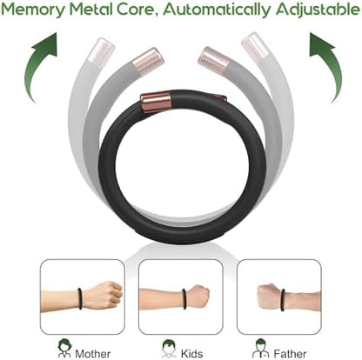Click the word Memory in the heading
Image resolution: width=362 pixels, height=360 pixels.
[x=33, y=10]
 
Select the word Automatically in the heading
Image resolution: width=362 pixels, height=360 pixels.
[x=217, y=10]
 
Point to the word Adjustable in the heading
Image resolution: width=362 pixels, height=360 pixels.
[x=318, y=10]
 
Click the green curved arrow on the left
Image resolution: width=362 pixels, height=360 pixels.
[x=37, y=63]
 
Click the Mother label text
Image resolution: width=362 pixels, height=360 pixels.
[x=93, y=354]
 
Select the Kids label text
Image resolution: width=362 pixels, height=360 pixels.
[x=191, y=354]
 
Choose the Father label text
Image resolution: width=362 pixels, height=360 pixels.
[x=290, y=354]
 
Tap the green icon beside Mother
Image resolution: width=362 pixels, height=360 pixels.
[x=64, y=349]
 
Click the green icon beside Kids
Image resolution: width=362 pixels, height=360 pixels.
[x=169, y=349]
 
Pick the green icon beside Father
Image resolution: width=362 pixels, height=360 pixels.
[x=260, y=348]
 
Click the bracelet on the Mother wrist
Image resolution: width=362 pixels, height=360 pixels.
[x=80, y=298]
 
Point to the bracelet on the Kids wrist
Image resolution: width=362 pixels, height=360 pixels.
[x=184, y=299]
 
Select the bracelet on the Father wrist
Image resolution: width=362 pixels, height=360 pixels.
[x=283, y=300]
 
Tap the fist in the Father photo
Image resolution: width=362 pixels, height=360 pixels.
[x=269, y=296]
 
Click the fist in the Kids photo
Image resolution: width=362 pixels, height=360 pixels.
[x=198, y=297]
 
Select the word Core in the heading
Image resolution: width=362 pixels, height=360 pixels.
[x=136, y=10]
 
